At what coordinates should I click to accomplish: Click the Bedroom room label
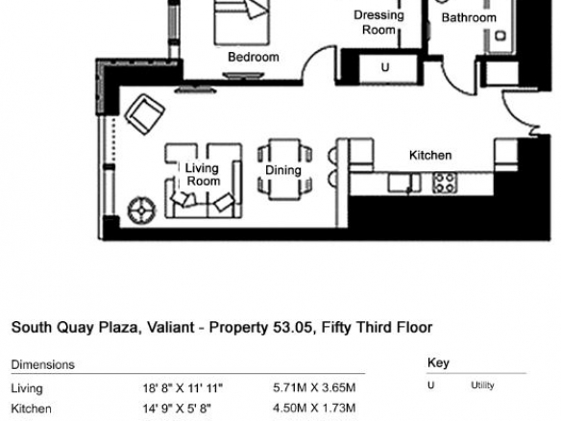pyautogui.click(x=254, y=57)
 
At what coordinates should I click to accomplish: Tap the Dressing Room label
pyautogui.click(x=378, y=22)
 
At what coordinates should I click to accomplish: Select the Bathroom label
pyautogui.click(x=469, y=17)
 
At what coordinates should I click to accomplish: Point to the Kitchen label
pyautogui.click(x=430, y=156)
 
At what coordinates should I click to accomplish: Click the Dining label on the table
pyautogui.click(x=283, y=170)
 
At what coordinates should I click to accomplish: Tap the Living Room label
pyautogui.click(x=203, y=174)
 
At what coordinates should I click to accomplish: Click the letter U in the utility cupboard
pyautogui.click(x=385, y=67)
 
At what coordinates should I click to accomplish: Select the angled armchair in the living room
pyautogui.click(x=144, y=113)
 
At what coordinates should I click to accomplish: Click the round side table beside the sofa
pyautogui.click(x=141, y=210)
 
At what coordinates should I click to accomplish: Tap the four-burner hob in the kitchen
pyautogui.click(x=445, y=183)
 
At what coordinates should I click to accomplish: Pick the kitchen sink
pyautogui.click(x=403, y=183)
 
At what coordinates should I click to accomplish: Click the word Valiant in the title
pyautogui.click(x=171, y=327)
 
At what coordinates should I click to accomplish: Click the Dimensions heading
pyautogui.click(x=43, y=365)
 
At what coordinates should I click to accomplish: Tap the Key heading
pyautogui.click(x=438, y=363)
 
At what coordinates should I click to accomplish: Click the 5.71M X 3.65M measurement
pyautogui.click(x=314, y=387)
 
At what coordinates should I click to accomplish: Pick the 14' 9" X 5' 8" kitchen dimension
pyautogui.click(x=177, y=409)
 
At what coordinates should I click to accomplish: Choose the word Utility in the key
pyautogui.click(x=482, y=385)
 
